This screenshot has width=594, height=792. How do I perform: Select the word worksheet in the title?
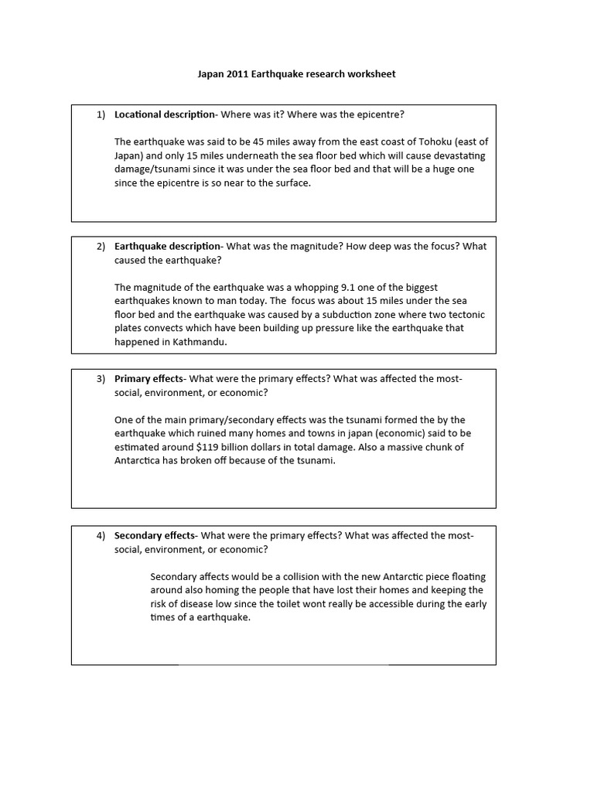370,74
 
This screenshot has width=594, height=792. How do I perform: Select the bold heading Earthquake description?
168,247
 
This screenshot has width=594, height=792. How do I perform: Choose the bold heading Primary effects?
148,379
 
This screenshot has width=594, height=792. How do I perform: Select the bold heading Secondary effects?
155,535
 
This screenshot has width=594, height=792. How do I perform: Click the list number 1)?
101,114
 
